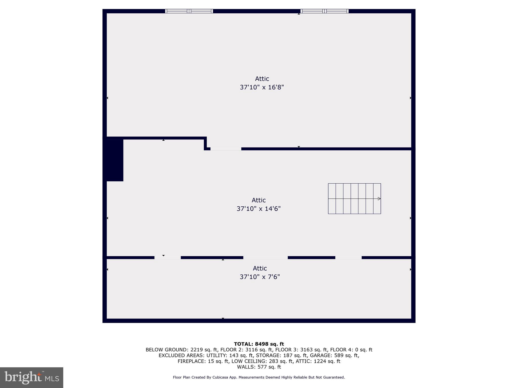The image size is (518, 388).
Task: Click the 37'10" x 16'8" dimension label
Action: pyautogui.click(x=262, y=87)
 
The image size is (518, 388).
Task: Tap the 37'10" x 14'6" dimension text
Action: pyautogui.click(x=258, y=209)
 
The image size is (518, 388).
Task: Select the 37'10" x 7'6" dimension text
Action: pyautogui.click(x=260, y=277)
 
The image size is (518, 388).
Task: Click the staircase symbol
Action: pyautogui.click(x=354, y=199)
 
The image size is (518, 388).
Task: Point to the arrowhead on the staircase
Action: pyautogui.click(x=379, y=199)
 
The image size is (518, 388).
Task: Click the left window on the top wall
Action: pyautogui.click(x=189, y=11)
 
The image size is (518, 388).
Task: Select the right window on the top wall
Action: pyautogui.click(x=324, y=11)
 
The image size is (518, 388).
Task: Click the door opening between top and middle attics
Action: pyautogui.click(x=226, y=149)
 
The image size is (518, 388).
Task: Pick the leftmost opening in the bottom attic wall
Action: pyautogui.click(x=167, y=258)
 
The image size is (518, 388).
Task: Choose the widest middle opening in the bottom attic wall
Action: pyautogui.click(x=265, y=258)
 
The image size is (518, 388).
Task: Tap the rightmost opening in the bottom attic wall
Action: pyautogui.click(x=348, y=258)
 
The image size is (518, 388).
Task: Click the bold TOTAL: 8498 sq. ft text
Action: pyautogui.click(x=259, y=344)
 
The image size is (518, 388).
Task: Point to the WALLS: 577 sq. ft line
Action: pyautogui.click(x=259, y=367)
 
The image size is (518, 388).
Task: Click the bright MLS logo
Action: pyautogui.click(x=32, y=377)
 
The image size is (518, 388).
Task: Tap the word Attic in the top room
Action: pyautogui.click(x=262, y=79)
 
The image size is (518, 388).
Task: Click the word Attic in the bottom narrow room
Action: pyautogui.click(x=260, y=268)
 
